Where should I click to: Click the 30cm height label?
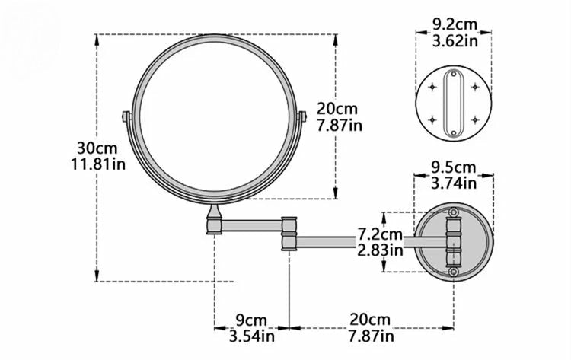97,148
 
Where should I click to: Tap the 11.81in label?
98,164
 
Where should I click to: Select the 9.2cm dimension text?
455,24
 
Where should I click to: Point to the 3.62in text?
455,40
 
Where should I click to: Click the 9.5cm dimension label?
454,167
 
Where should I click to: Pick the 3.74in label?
454,183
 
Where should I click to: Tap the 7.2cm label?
380,234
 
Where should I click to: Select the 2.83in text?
380,250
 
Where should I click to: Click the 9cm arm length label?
251,320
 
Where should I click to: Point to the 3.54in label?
252,336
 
